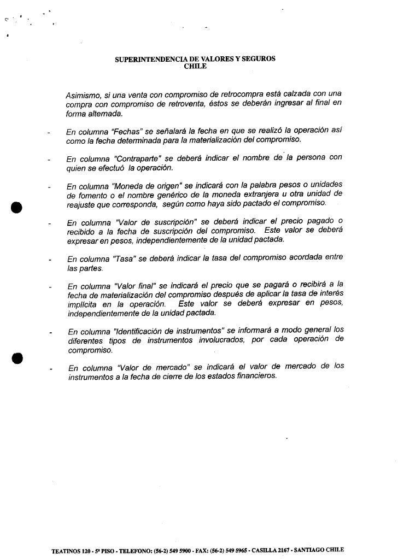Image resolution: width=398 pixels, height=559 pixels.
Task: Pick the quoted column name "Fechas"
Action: coord(123,132)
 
